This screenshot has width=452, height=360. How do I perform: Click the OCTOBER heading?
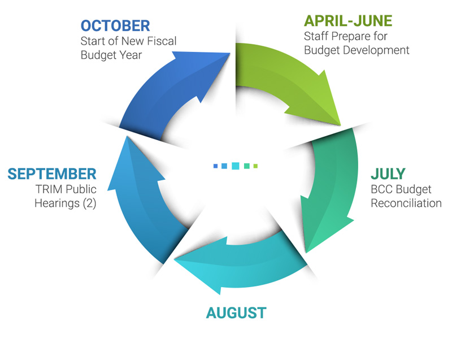tap(115, 26)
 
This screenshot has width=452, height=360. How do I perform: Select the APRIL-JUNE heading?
tap(348, 21)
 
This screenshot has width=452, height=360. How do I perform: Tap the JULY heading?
tap(388, 174)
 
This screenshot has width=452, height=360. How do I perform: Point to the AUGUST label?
tap(236, 313)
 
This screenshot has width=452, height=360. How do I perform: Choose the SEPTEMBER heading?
tap(52, 174)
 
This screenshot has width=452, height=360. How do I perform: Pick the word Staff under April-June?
tap(316, 36)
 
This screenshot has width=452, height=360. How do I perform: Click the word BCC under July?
tap(382, 189)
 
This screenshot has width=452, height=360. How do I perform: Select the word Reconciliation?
tap(406, 203)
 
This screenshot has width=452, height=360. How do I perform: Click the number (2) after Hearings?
tap(89, 203)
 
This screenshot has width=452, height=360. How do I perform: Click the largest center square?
tap(236, 166)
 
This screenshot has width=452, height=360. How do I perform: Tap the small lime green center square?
tap(255, 166)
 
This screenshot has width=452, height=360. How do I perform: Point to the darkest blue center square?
tap(215, 166)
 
